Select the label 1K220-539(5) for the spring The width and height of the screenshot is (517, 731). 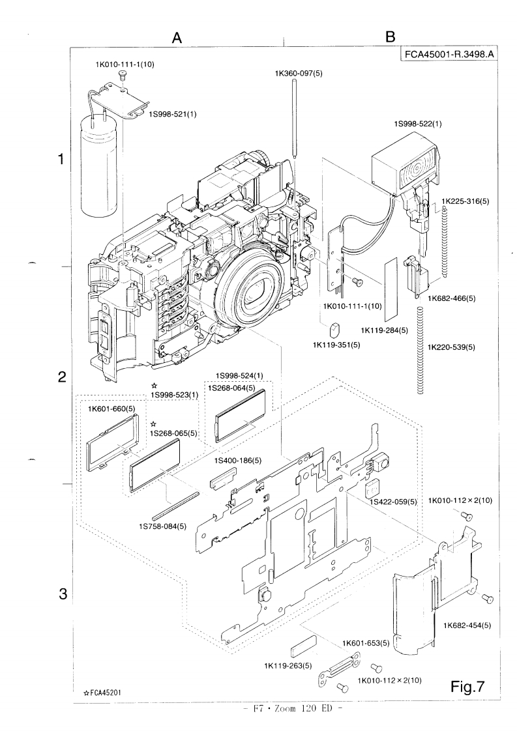(x=452, y=347)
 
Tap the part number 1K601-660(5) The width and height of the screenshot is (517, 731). (x=111, y=408)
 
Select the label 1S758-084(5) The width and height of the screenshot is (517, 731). (x=160, y=526)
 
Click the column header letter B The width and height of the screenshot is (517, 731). (x=391, y=38)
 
